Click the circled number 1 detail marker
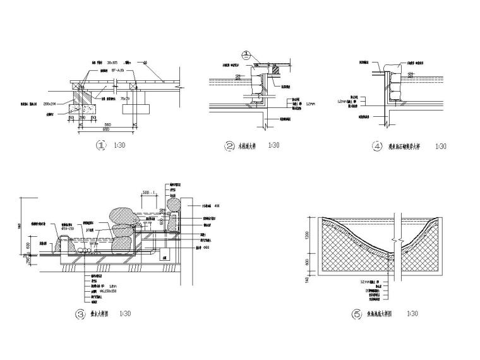click(x=99, y=146)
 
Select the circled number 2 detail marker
click(x=229, y=146)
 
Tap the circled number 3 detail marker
click(x=80, y=313)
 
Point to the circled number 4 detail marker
click(x=378, y=146)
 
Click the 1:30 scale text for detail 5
click(x=413, y=313)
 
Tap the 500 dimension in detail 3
click(x=148, y=191)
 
